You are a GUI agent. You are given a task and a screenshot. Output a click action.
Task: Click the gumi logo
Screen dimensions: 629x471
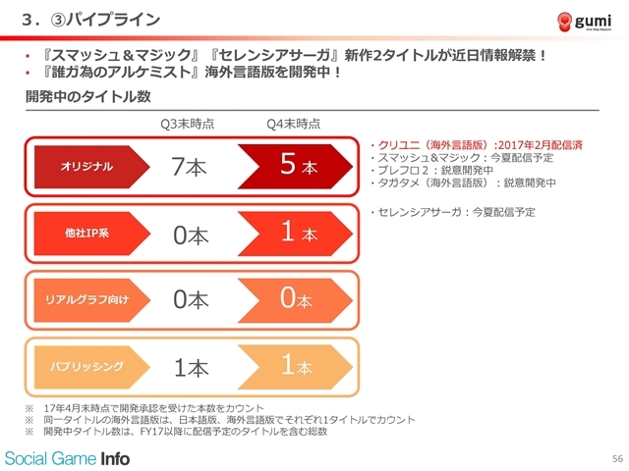pyautogui.click(x=585, y=22)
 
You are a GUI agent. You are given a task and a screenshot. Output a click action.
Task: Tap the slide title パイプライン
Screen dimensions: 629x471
pyautogui.click(x=114, y=20)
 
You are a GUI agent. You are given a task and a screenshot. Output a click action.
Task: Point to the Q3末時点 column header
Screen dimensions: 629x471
pyautogui.click(x=188, y=124)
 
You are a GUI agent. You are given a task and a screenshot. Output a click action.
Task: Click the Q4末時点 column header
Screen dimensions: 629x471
pyautogui.click(x=294, y=124)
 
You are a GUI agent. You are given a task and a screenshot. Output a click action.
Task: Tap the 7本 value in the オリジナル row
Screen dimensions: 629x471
pyautogui.click(x=189, y=166)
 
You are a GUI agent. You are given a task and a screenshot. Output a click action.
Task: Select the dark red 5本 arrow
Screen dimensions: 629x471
pyautogui.click(x=296, y=167)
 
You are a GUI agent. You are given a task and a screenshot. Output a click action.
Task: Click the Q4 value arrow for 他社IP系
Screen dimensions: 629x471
pyautogui.click(x=296, y=234)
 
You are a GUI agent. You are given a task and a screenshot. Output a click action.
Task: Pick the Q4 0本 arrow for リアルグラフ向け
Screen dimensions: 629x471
pyautogui.click(x=296, y=300)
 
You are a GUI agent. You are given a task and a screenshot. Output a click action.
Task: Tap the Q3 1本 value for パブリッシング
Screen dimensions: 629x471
pyautogui.click(x=191, y=368)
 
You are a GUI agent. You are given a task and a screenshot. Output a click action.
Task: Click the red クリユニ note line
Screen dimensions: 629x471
pyautogui.click(x=476, y=145)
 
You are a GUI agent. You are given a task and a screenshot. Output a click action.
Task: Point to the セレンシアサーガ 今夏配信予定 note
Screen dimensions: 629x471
pyautogui.click(x=453, y=212)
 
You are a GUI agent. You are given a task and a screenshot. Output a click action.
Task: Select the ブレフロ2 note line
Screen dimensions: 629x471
pyautogui.click(x=431, y=170)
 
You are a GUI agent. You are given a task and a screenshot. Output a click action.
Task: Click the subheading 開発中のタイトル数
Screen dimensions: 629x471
pyautogui.click(x=88, y=96)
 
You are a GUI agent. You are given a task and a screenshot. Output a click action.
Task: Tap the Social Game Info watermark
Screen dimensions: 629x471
pyautogui.click(x=67, y=458)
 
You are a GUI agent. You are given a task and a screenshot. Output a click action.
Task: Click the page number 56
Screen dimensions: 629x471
pyautogui.click(x=617, y=458)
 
